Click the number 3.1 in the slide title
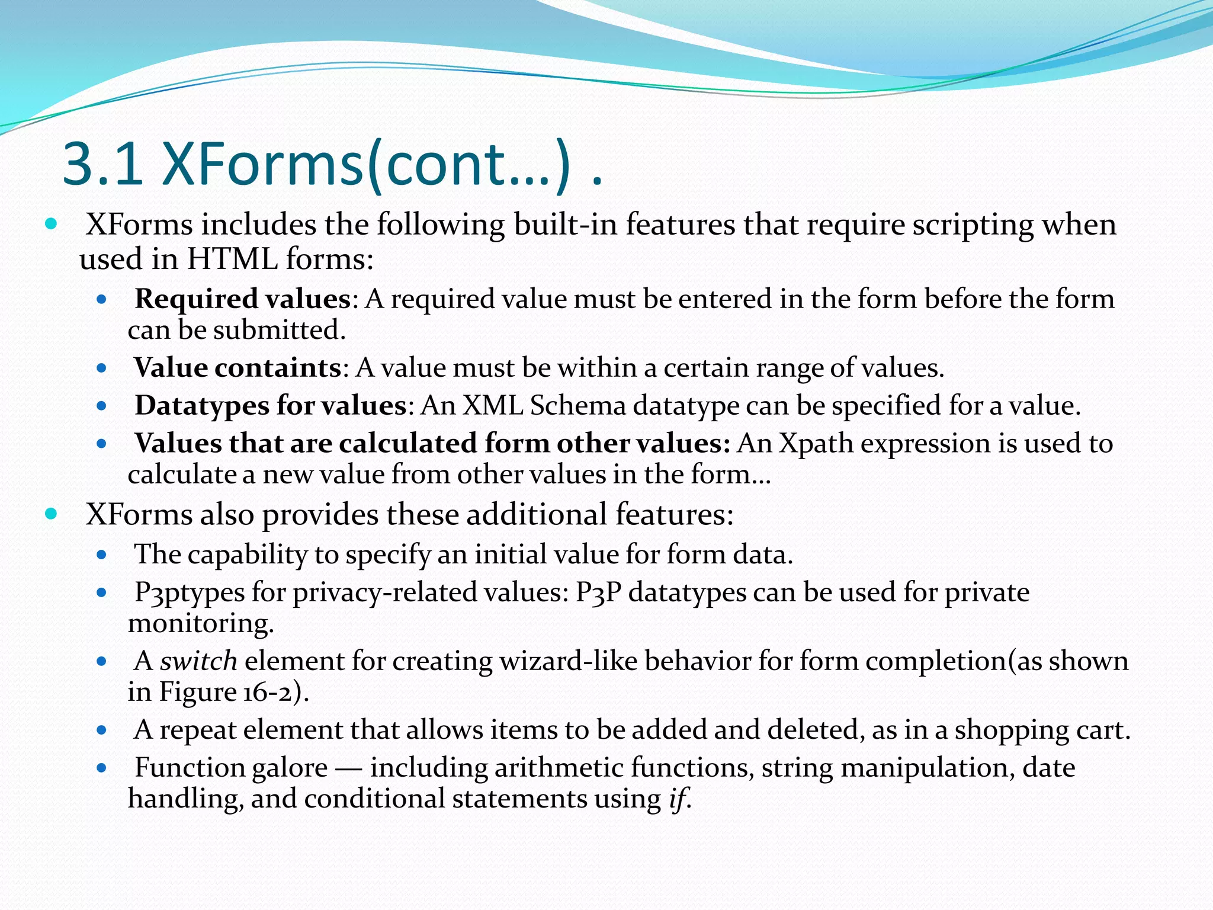point(102,163)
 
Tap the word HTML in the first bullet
point(232,259)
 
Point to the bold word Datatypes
point(202,406)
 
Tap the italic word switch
point(198,661)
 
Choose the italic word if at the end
point(678,799)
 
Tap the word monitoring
point(201,623)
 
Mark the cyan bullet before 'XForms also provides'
point(51,513)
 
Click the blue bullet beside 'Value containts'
point(101,368)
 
